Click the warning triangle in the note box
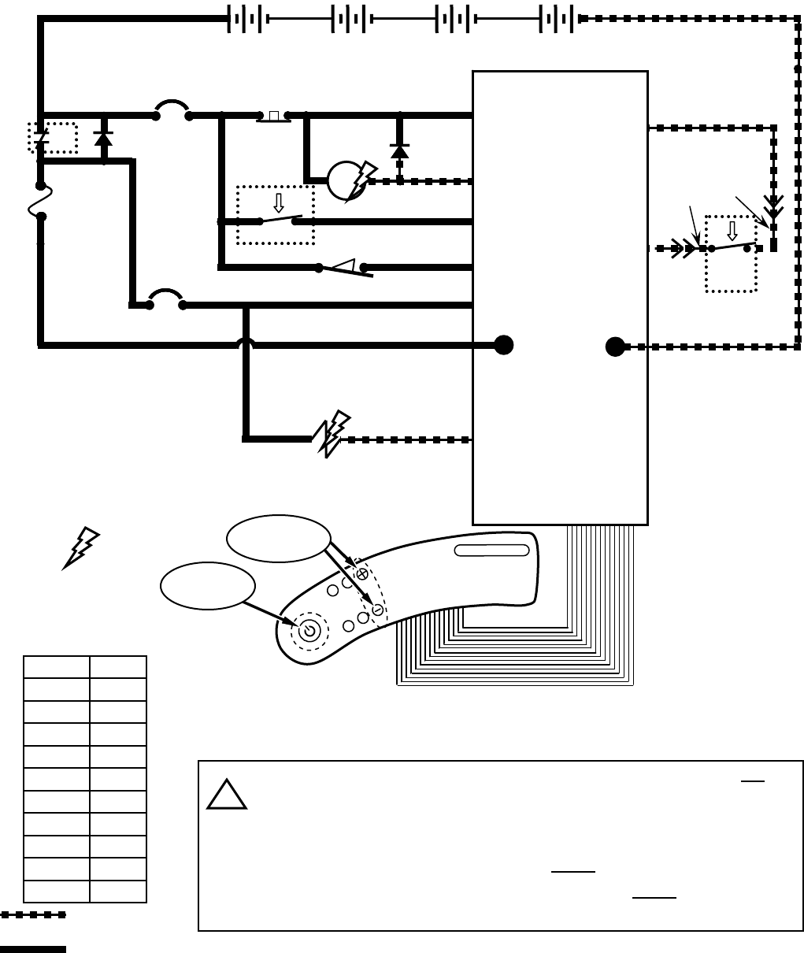[x=227, y=795]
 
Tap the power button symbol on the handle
[x=309, y=630]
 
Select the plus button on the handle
[x=362, y=575]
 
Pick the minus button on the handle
[x=378, y=610]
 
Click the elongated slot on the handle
[x=492, y=550]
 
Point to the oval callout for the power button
[x=208, y=585]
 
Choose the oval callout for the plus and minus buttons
[x=278, y=539]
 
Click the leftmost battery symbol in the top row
[x=245, y=19]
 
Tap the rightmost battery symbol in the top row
[x=557, y=19]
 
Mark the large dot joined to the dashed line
[x=615, y=347]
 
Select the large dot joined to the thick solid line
[x=503, y=345]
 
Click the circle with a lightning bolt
[x=347, y=180]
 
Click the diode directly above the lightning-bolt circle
[x=399, y=150]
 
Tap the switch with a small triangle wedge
[x=344, y=268]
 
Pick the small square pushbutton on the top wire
[x=273, y=117]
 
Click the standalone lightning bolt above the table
[x=81, y=547]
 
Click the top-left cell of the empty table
[x=56, y=667]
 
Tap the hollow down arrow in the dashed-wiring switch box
[x=732, y=231]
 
